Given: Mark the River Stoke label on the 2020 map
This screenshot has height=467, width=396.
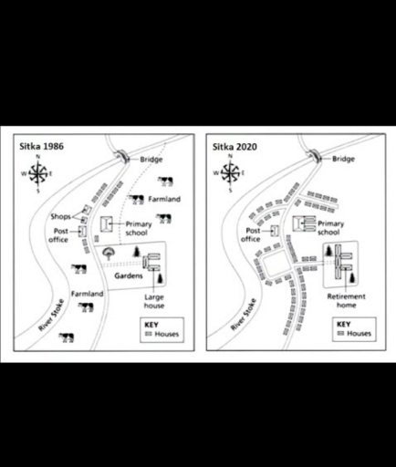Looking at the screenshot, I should [239, 313].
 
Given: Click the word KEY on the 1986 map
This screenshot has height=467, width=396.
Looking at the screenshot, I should [152, 324].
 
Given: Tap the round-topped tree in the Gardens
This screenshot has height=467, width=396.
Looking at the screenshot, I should [109, 253].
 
